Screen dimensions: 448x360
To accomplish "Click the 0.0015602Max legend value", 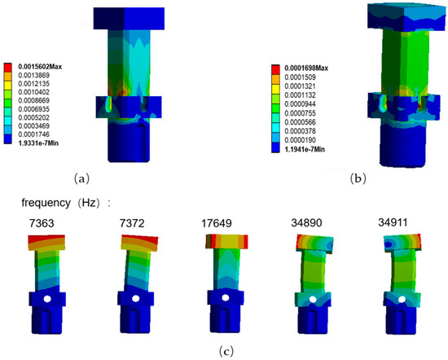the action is click(x=40, y=67).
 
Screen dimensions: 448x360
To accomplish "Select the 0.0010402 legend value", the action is click(x=33, y=92).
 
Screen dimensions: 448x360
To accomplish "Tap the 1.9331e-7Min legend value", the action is click(x=38, y=143).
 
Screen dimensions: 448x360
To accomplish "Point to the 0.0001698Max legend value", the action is click(x=306, y=68).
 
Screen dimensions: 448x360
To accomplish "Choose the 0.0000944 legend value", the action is click(x=300, y=104).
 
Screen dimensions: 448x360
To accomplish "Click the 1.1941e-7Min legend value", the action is click(x=305, y=149).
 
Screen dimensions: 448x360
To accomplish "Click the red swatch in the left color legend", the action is click(x=8, y=67).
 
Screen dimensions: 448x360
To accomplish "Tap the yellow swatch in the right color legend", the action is click(x=275, y=87).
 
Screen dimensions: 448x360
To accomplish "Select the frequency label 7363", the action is click(x=42, y=223).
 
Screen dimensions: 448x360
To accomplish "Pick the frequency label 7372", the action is click(x=132, y=223).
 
